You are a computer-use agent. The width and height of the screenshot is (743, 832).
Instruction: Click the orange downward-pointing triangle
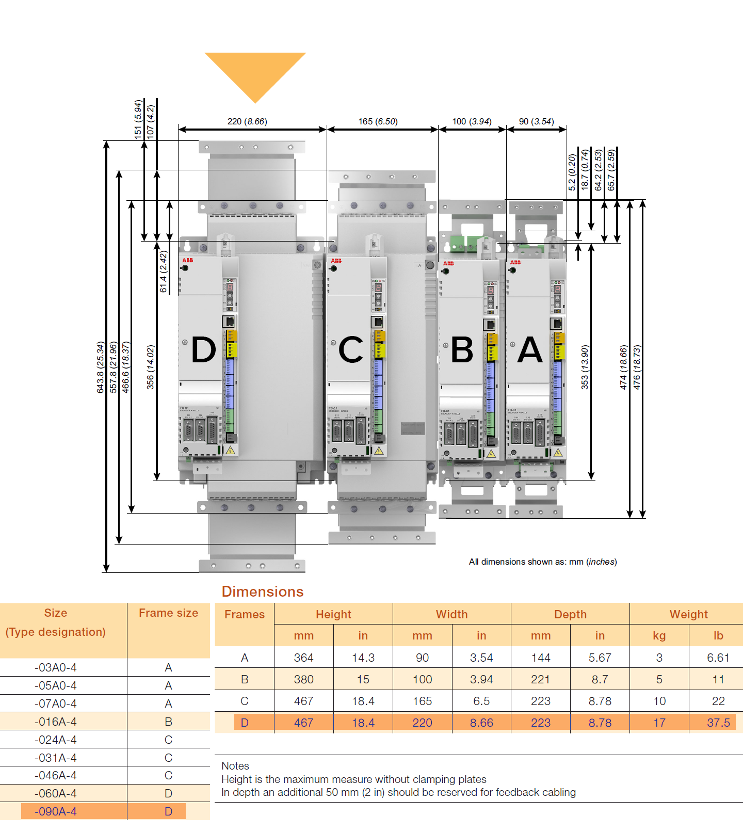255,72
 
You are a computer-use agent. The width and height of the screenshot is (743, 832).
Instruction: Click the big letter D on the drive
203,350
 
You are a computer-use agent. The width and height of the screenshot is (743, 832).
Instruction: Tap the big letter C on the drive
350,350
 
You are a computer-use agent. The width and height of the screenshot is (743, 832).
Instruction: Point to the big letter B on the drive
462,350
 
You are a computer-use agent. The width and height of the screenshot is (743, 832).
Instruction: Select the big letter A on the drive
530,350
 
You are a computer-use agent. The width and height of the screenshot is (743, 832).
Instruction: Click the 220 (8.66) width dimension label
247,121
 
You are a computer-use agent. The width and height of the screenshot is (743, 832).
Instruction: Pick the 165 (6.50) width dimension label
378,121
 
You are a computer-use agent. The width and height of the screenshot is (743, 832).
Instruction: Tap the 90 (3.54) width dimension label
536,121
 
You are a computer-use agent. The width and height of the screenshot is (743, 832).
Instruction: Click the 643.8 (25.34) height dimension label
101,367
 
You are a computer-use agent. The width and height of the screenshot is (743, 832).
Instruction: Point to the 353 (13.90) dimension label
585,367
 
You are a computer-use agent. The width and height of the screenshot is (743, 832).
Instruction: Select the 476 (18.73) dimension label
637,367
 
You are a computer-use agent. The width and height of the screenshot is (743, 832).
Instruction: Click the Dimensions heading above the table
263,591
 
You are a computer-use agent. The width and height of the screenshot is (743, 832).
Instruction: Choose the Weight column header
688,614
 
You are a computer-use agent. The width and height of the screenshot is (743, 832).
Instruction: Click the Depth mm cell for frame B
540,679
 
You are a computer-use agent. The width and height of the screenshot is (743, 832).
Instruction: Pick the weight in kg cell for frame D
659,723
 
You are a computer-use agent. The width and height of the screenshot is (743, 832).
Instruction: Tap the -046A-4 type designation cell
56,775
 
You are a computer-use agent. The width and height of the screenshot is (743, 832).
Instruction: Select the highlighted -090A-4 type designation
56,811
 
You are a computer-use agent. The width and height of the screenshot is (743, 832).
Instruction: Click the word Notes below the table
235,766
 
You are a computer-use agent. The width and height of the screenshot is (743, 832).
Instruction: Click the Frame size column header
168,613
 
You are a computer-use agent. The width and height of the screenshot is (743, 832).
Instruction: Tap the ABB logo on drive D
187,260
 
